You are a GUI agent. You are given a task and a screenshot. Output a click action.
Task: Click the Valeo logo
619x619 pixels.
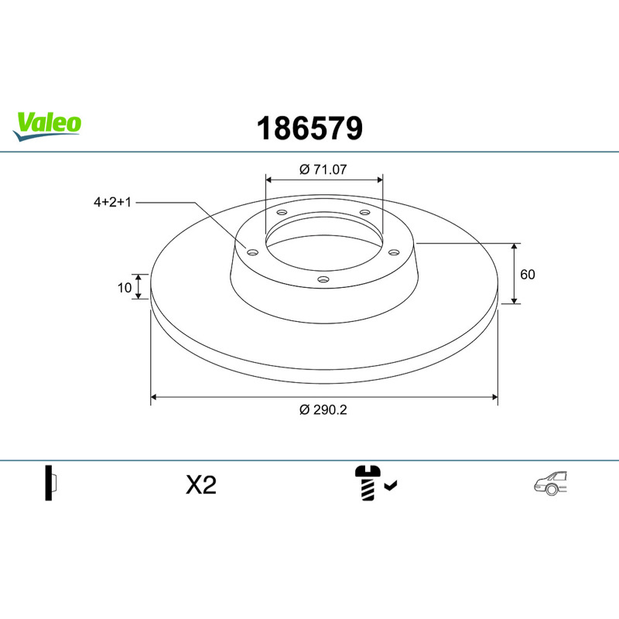tap(47, 125)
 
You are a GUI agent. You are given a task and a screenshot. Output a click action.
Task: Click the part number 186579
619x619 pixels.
tap(310, 128)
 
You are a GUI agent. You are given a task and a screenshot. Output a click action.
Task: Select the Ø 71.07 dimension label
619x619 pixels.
tap(323, 169)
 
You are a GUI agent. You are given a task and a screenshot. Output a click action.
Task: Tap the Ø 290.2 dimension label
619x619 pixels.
tap(323, 410)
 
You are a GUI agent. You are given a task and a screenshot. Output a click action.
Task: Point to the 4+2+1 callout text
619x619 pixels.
tap(112, 202)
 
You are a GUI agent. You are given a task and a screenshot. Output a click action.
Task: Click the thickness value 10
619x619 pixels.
tap(125, 288)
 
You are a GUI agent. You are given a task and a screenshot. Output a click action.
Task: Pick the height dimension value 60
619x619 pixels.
tap(528, 275)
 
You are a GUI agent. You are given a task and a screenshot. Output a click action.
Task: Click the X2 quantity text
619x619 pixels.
tap(201, 485)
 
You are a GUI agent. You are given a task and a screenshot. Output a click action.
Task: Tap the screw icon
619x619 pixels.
tap(368, 483)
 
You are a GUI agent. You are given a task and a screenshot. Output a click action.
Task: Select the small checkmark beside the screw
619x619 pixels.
tap(391, 485)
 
